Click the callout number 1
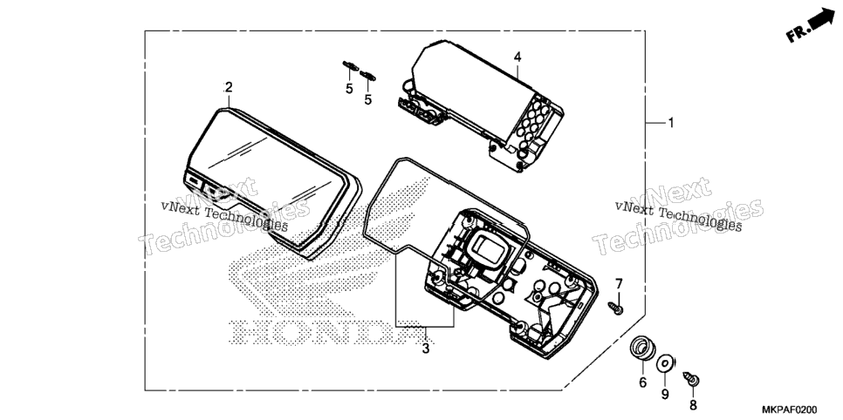pos(670,123)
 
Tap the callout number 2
pos(228,87)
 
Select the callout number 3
pos(425,349)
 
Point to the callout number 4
pos(517,57)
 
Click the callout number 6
pos(642,383)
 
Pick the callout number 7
pos(618,283)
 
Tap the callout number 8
pos(693,405)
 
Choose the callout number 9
pos(665,394)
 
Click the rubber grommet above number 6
pos(642,348)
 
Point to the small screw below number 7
pos(616,308)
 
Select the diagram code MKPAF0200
pos(788,410)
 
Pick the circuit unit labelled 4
pos(481,105)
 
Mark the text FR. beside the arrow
pos(798,33)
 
